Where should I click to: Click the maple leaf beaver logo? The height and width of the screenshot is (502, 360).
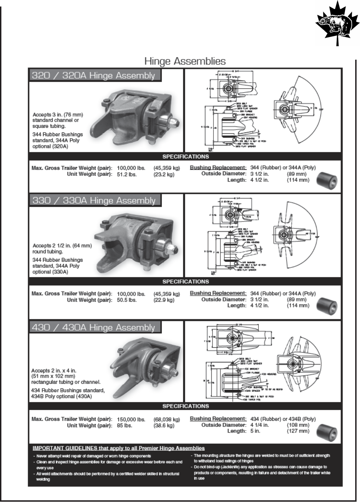pos(337,24)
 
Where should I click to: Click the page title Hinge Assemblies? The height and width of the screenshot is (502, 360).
pos(185,61)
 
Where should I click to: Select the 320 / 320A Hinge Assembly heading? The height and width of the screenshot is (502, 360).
pos(93,75)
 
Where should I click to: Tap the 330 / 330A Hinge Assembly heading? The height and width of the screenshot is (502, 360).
pos(94,201)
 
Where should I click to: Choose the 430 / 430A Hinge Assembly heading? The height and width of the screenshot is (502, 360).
pos(93,327)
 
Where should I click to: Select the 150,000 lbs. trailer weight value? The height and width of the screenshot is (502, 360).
pos(131,419)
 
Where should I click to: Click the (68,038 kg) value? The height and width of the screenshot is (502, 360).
pos(167,419)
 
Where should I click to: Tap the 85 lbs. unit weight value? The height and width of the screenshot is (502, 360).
pos(125,426)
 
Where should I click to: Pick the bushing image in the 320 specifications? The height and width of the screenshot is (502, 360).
pos(327,180)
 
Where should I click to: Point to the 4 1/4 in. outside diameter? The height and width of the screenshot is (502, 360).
pos(259,425)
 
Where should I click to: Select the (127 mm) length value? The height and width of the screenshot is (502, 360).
pos(298,431)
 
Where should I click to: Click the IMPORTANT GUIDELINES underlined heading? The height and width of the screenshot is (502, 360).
pos(118,448)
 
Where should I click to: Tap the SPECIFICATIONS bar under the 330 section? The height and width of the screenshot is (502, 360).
pos(185,282)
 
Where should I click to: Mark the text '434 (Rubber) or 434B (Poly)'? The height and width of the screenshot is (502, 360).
pos(283,419)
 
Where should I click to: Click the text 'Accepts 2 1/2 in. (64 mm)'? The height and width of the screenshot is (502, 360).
pos(62,246)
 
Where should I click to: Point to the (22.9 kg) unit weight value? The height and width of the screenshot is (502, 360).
pos(164,300)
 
